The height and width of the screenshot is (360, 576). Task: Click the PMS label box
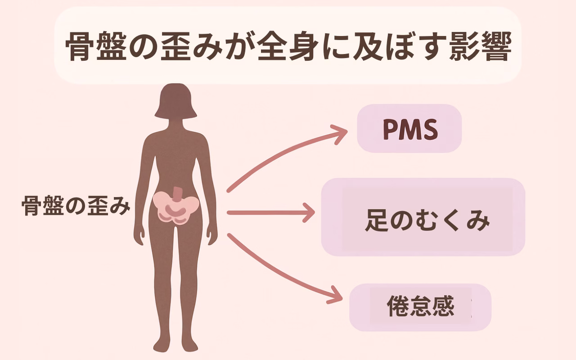(x=409, y=129)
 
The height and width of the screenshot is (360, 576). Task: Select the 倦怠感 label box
(x=420, y=307)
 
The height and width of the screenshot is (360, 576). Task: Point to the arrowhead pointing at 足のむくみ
(x=309, y=212)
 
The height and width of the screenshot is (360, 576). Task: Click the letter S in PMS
(x=429, y=129)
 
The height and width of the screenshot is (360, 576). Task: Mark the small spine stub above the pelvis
(x=178, y=193)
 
